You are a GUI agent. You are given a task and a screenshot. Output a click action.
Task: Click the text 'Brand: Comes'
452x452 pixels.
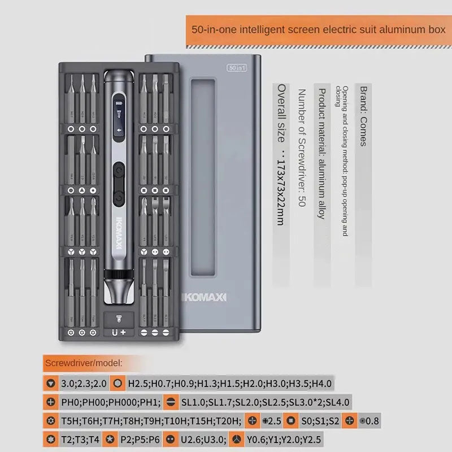(363, 116)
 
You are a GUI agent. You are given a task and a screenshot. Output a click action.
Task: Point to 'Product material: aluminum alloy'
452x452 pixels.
(321, 153)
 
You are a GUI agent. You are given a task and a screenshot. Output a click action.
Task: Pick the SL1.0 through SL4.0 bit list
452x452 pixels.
(265, 403)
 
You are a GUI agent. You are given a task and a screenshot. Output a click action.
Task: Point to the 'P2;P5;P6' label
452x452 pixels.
(138, 439)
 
